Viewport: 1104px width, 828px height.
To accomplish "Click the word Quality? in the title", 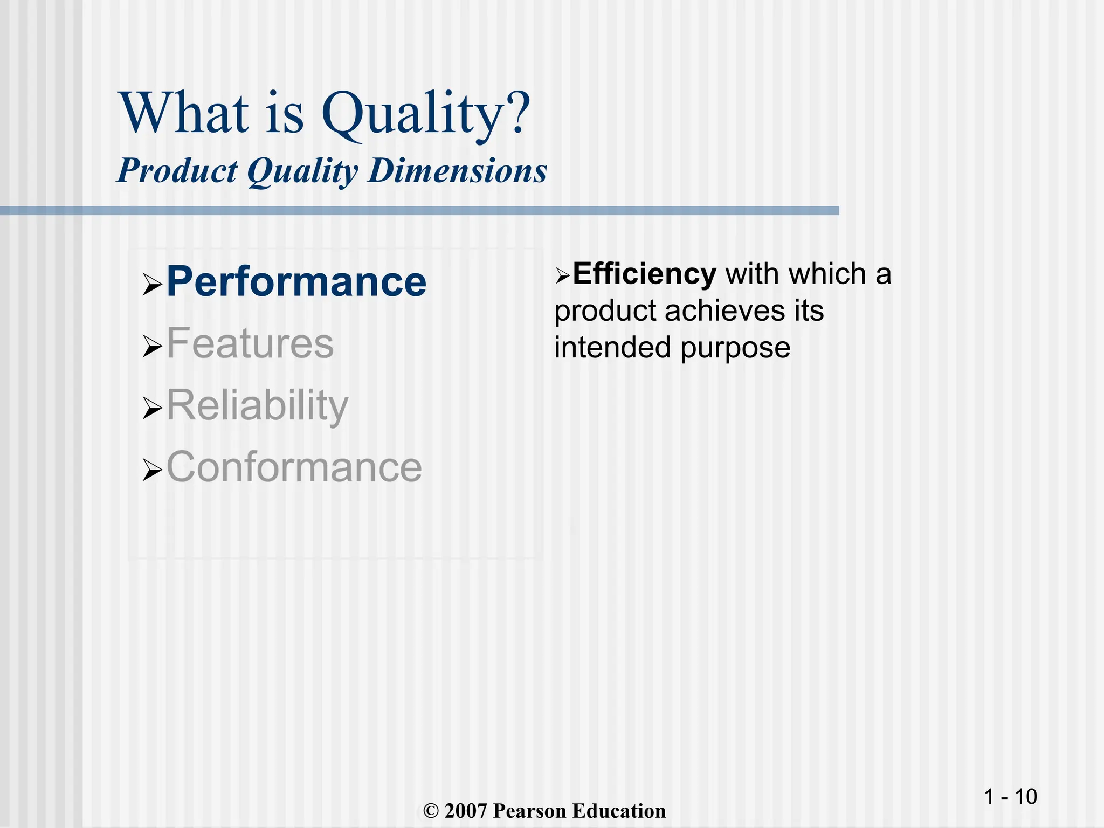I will click(x=426, y=114).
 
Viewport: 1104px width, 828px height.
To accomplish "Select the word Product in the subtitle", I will click(x=177, y=171).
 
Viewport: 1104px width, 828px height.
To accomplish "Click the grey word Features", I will click(x=250, y=343).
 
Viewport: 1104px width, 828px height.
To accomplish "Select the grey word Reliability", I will click(x=258, y=405).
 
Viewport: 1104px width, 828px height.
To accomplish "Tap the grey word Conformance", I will click(x=294, y=467).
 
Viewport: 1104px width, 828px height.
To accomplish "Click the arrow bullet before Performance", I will click(x=152, y=285).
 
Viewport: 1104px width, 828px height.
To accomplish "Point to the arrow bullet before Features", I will click(x=152, y=346).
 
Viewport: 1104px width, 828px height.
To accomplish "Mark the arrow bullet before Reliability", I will click(x=152, y=408).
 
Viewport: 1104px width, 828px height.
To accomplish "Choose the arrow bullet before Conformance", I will click(x=152, y=470).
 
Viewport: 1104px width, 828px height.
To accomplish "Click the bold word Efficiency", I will click(x=644, y=274).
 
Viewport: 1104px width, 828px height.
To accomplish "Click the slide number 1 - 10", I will click(x=1010, y=797).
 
